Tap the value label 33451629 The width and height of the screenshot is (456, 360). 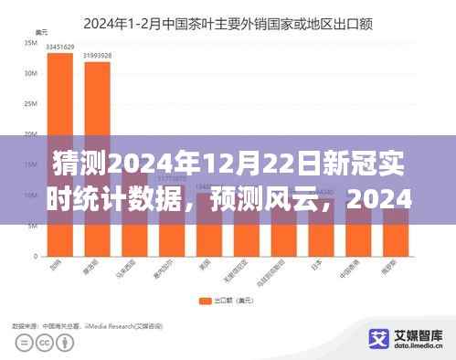[x=60, y=45]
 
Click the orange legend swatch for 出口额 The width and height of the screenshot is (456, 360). [x=203, y=300]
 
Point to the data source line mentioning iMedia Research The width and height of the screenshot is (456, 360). [x=88, y=323]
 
